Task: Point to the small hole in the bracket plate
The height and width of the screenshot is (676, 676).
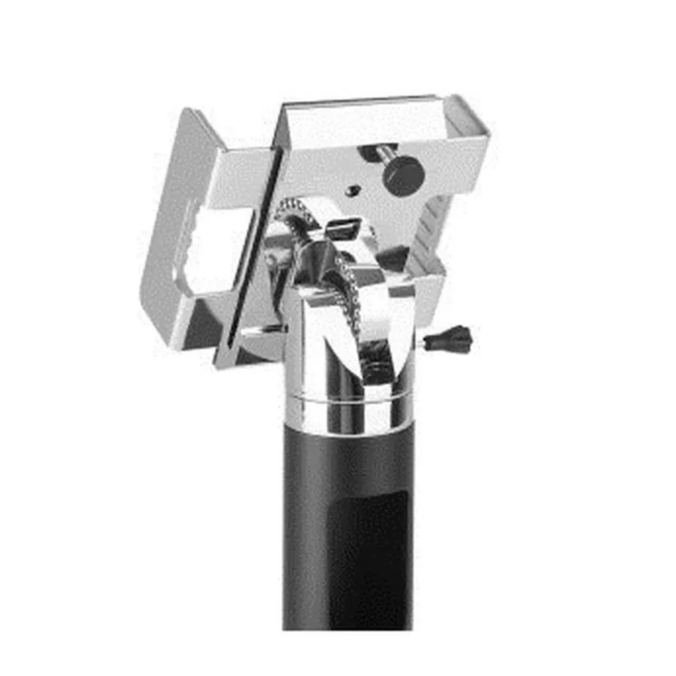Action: click(x=353, y=191)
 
